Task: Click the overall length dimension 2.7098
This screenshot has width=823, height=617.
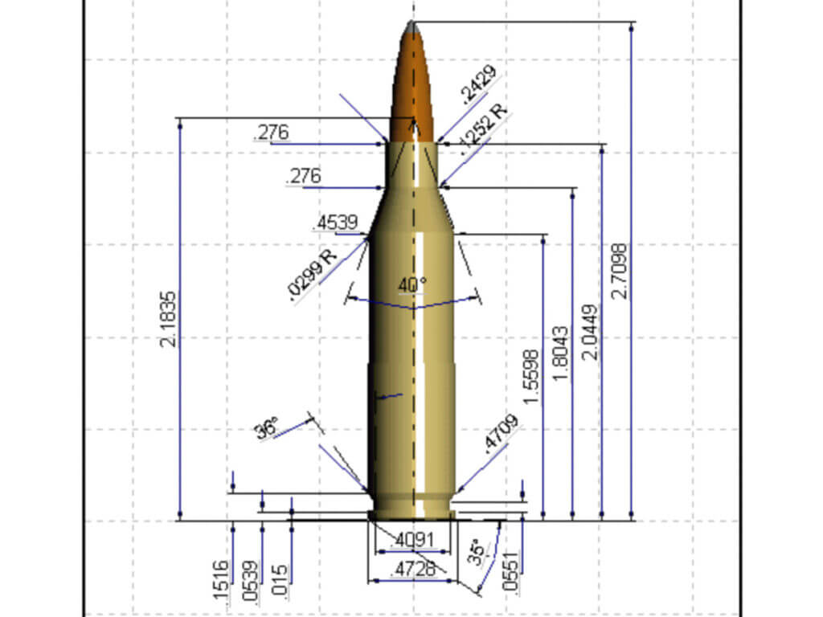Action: (619, 271)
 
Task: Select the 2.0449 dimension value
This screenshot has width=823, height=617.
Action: (591, 331)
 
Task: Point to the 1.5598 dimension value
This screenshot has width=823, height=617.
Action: (531, 377)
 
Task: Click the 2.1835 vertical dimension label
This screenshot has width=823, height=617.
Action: (168, 319)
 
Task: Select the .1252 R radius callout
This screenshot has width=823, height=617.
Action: (485, 128)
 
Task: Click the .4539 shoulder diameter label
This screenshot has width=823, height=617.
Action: (338, 223)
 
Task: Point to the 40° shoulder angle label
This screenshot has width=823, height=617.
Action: (412, 284)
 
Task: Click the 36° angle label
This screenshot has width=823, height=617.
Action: (267, 427)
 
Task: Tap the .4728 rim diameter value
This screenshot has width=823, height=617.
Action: (412, 570)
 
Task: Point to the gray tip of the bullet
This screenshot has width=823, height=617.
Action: (412, 27)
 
